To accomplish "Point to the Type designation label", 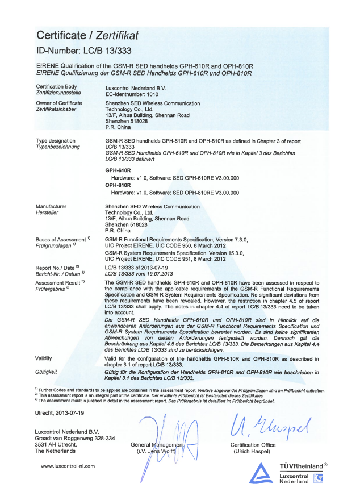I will tap(56, 140).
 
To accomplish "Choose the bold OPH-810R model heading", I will tap(118, 185).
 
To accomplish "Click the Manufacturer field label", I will tap(51, 207).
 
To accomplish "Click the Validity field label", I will tap(44, 358).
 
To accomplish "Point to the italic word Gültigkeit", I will tap(47, 371).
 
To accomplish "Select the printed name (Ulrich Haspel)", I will tap(253, 452).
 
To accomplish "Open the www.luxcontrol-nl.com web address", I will tap(68, 466).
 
